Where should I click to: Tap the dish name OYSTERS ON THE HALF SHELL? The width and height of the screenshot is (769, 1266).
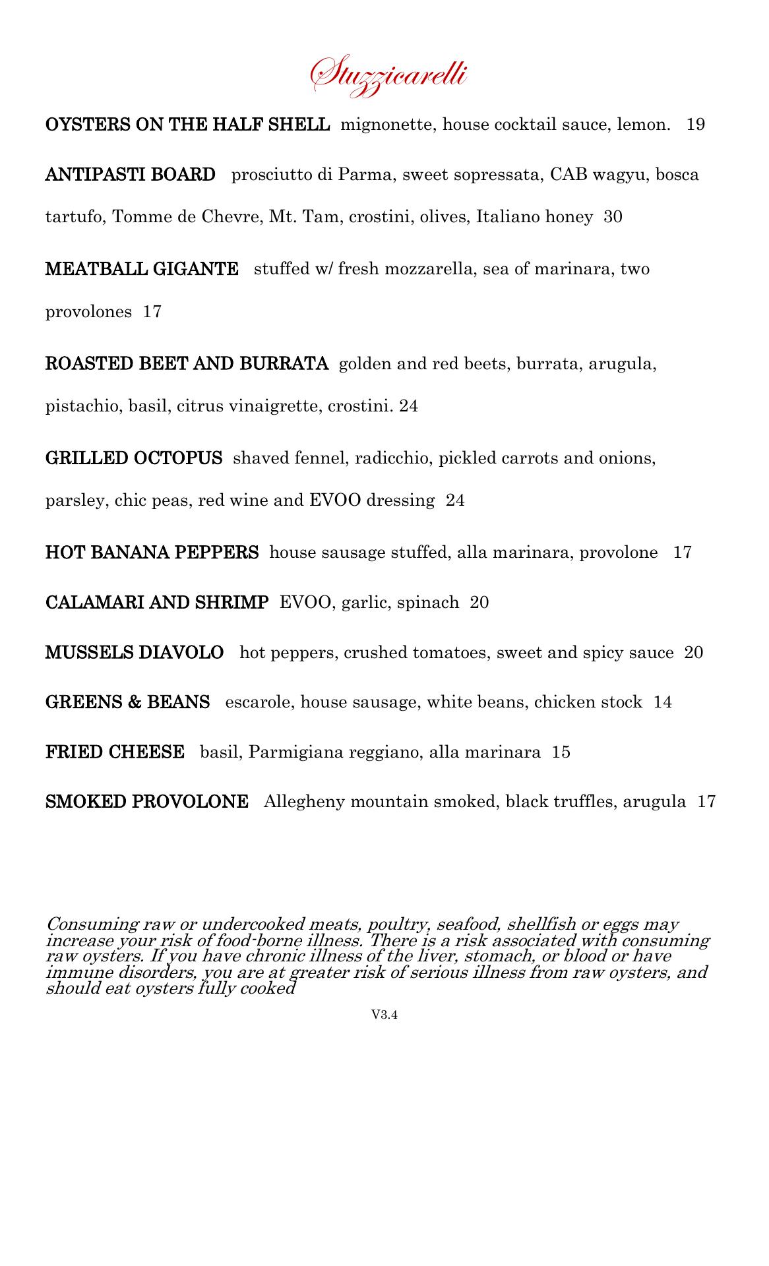pos(187,125)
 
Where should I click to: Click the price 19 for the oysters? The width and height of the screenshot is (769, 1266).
pos(696,125)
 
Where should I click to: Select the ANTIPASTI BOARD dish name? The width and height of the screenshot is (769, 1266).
pos(130,175)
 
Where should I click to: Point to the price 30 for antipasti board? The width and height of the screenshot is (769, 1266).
pos(613,217)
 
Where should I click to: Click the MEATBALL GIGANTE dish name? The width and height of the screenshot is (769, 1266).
pos(142,269)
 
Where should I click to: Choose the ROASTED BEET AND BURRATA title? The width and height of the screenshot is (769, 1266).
pos(187,363)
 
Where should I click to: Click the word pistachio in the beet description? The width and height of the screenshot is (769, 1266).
pos(82,406)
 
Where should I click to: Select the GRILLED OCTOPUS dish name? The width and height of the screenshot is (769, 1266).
pos(134,458)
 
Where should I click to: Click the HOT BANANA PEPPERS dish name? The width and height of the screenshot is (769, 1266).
pos(152,553)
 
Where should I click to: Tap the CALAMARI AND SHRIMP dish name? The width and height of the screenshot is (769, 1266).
pos(157,602)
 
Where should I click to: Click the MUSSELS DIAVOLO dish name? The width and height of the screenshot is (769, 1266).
pos(135,653)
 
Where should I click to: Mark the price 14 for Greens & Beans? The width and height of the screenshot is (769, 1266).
pos(663,702)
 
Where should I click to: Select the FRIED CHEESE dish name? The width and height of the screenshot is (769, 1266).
pos(115,752)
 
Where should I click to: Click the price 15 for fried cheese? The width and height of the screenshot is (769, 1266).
pos(561,752)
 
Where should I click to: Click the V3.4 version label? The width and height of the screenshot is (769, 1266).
pos(384,1015)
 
